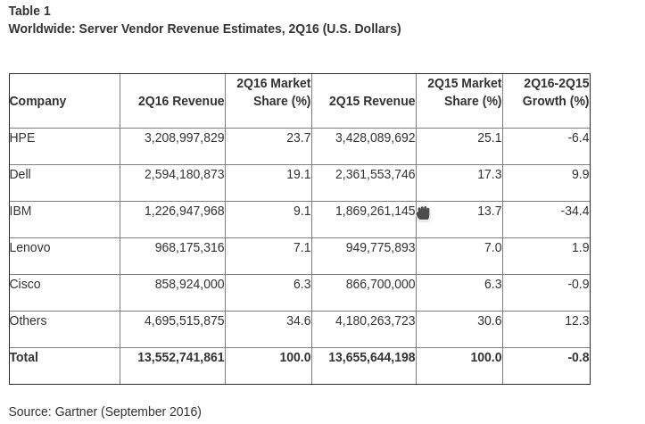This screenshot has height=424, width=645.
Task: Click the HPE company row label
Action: click(x=22, y=138)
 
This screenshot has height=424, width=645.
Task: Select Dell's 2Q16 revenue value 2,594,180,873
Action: click(x=184, y=175)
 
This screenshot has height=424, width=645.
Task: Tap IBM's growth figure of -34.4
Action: click(x=575, y=212)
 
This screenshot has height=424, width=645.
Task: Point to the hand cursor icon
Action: click(x=423, y=213)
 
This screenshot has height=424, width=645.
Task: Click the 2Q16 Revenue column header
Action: click(x=181, y=102)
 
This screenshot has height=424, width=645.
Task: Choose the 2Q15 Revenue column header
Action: click(x=371, y=102)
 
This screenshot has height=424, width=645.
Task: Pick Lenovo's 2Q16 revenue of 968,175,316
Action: click(x=189, y=248)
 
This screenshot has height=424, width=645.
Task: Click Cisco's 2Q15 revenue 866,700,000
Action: click(x=380, y=285)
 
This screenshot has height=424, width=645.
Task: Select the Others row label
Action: click(x=28, y=321)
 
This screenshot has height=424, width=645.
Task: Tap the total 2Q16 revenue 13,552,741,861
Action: click(x=180, y=358)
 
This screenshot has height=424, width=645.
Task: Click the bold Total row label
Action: click(x=24, y=358)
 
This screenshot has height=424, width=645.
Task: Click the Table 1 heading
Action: click(x=29, y=12)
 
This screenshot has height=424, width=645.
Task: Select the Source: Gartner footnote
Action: click(x=104, y=412)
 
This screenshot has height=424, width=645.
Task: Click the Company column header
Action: click(x=37, y=102)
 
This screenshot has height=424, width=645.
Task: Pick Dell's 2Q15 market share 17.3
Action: click(x=489, y=175)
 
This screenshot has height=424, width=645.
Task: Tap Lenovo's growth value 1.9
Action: click(x=580, y=248)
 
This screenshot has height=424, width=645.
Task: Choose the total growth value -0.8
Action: click(x=578, y=358)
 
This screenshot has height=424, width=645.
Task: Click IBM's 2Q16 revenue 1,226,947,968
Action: click(x=184, y=212)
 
